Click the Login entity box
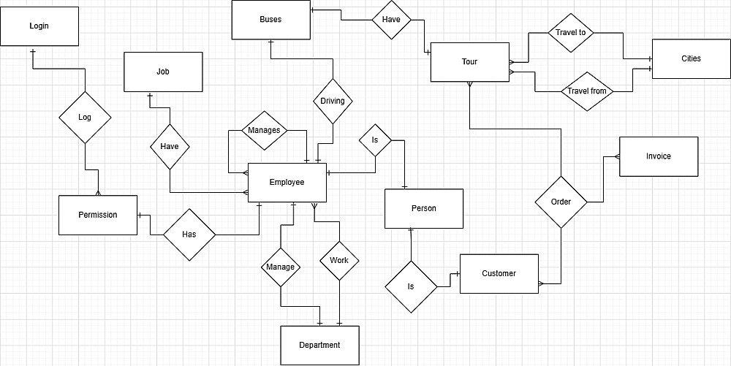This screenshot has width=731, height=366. point(39,27)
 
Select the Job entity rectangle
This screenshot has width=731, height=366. point(163,72)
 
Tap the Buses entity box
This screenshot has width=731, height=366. point(270,20)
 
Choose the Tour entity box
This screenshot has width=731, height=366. point(469,62)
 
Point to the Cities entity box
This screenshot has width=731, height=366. point(690,58)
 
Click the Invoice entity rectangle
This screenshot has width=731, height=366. point(658,156)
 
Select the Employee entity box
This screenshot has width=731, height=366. point(287,182)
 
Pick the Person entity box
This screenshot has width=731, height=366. point(424,208)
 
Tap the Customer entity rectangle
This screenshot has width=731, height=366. point(499,273)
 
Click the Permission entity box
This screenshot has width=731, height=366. point(98,215)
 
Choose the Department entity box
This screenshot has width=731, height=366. point(319,345)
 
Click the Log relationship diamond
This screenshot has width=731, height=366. point(85,117)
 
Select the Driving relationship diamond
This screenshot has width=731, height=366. point(333,101)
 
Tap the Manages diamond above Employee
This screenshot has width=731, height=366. point(264,130)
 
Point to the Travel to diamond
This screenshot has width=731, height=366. point(570,33)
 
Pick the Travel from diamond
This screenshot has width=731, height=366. point(588,91)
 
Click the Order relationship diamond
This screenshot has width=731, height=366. point(561,202)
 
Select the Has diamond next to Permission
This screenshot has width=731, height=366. point(189,235)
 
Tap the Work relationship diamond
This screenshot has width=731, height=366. point(339,260)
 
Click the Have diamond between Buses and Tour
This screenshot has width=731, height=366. point(391,20)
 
